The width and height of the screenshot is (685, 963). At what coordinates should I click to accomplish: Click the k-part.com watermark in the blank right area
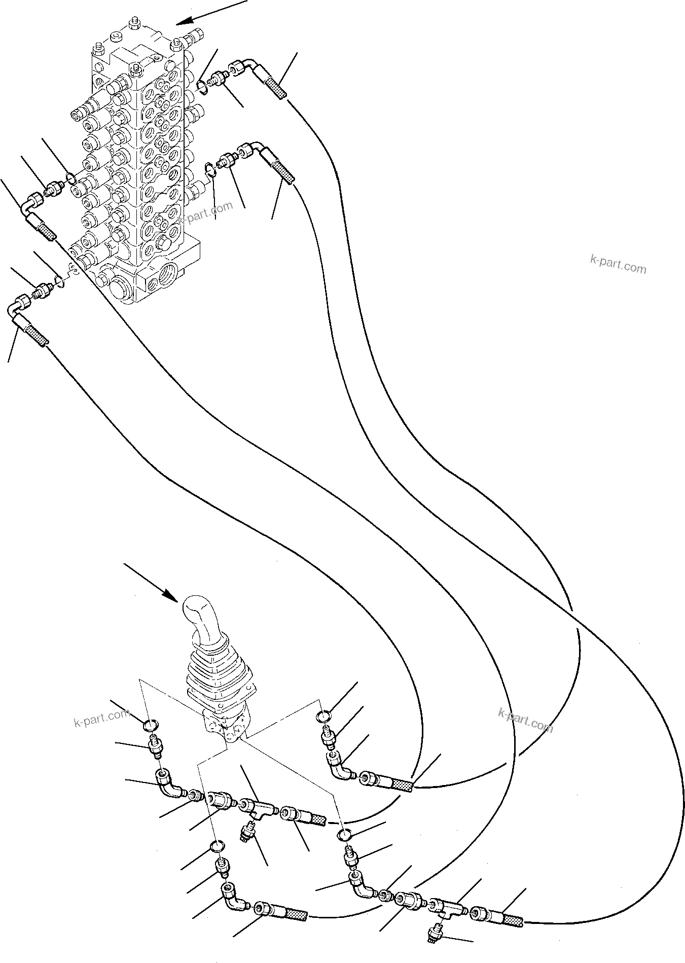pyautogui.click(x=618, y=264)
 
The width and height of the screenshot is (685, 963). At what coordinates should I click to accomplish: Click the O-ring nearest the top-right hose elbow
pyautogui.click(x=202, y=86)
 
